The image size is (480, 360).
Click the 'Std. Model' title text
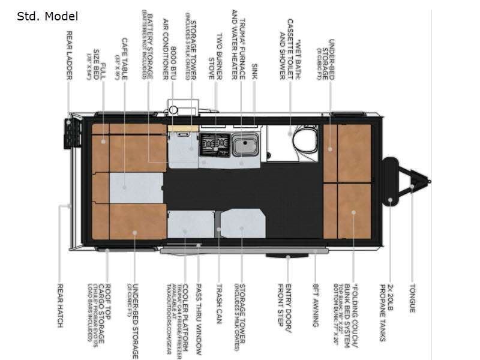pyautogui.click(x=47, y=16)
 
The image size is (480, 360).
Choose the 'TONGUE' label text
pyautogui.click(x=412, y=298)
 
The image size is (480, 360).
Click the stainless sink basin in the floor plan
pyautogui.click(x=245, y=144)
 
